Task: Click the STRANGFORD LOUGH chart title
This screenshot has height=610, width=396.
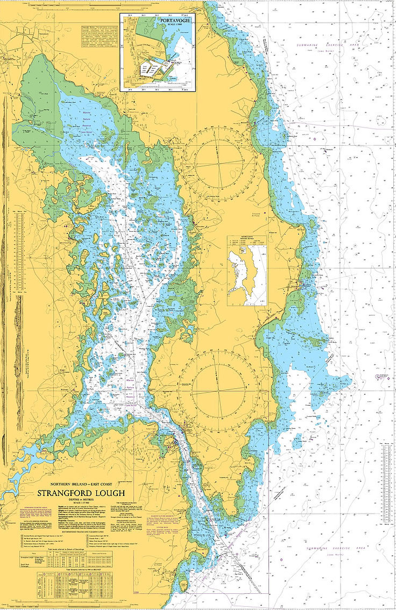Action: click(x=81, y=493)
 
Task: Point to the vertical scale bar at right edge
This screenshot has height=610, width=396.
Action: click(x=386, y=479)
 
